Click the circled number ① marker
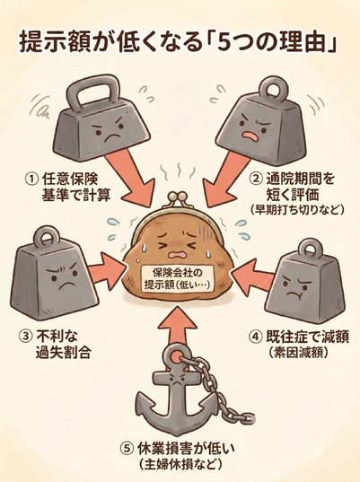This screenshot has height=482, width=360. point(31,180)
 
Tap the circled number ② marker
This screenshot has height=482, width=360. point(256,179)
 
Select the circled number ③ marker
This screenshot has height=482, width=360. point(26,337)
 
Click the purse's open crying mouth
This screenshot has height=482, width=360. point(175,256)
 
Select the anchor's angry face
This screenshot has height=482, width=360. point(178,381)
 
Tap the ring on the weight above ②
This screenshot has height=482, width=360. point(274,90)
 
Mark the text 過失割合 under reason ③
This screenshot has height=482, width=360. point(63,353)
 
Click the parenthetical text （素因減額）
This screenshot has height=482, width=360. point(298,353)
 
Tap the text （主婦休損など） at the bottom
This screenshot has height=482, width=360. point(180,464)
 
